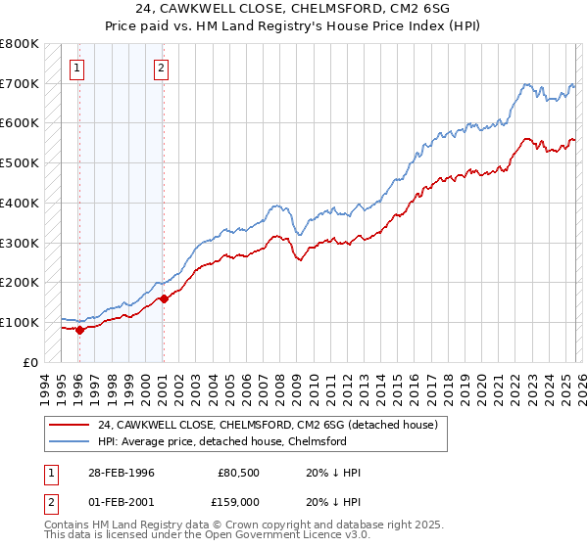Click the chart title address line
point(294,10)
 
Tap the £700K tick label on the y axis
point(20,84)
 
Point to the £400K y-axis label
point(20,204)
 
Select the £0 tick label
point(29,362)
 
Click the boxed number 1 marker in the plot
point(77,68)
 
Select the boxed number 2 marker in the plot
point(161,68)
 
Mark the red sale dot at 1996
point(79,330)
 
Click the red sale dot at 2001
point(163,298)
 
